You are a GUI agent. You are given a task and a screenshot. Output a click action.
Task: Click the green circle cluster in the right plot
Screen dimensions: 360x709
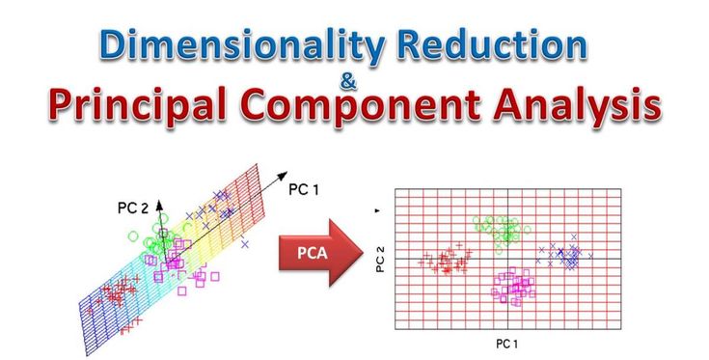click(x=498, y=230)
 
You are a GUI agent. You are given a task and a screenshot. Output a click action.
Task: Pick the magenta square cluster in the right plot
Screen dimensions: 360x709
click(x=514, y=287)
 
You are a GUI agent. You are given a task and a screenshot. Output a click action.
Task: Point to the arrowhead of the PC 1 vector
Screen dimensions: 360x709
click(x=281, y=178)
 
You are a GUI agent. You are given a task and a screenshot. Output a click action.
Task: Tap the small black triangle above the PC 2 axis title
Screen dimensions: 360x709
click(x=378, y=209)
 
